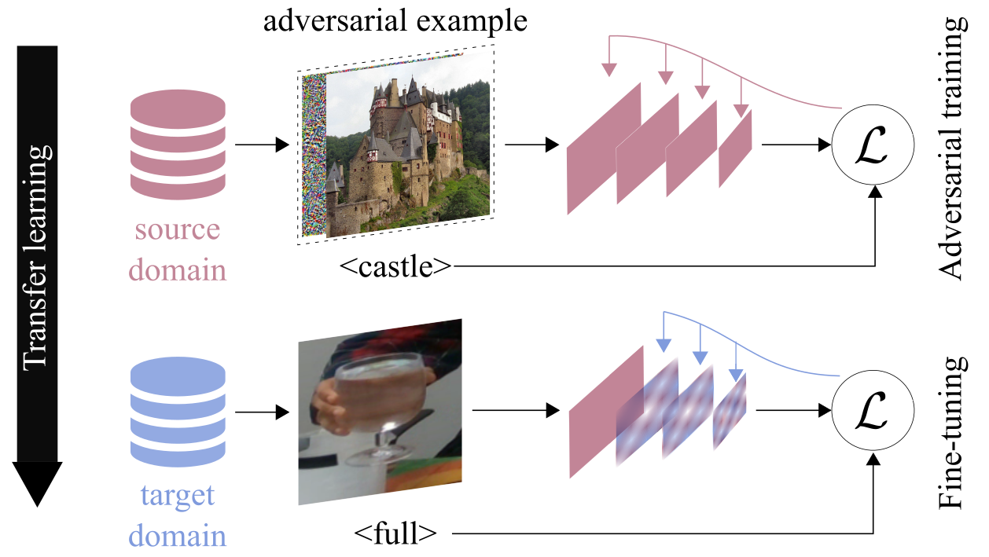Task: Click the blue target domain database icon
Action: (177, 411)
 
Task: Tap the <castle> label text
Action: (396, 267)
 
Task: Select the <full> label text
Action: (395, 534)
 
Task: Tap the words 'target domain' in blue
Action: (177, 517)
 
